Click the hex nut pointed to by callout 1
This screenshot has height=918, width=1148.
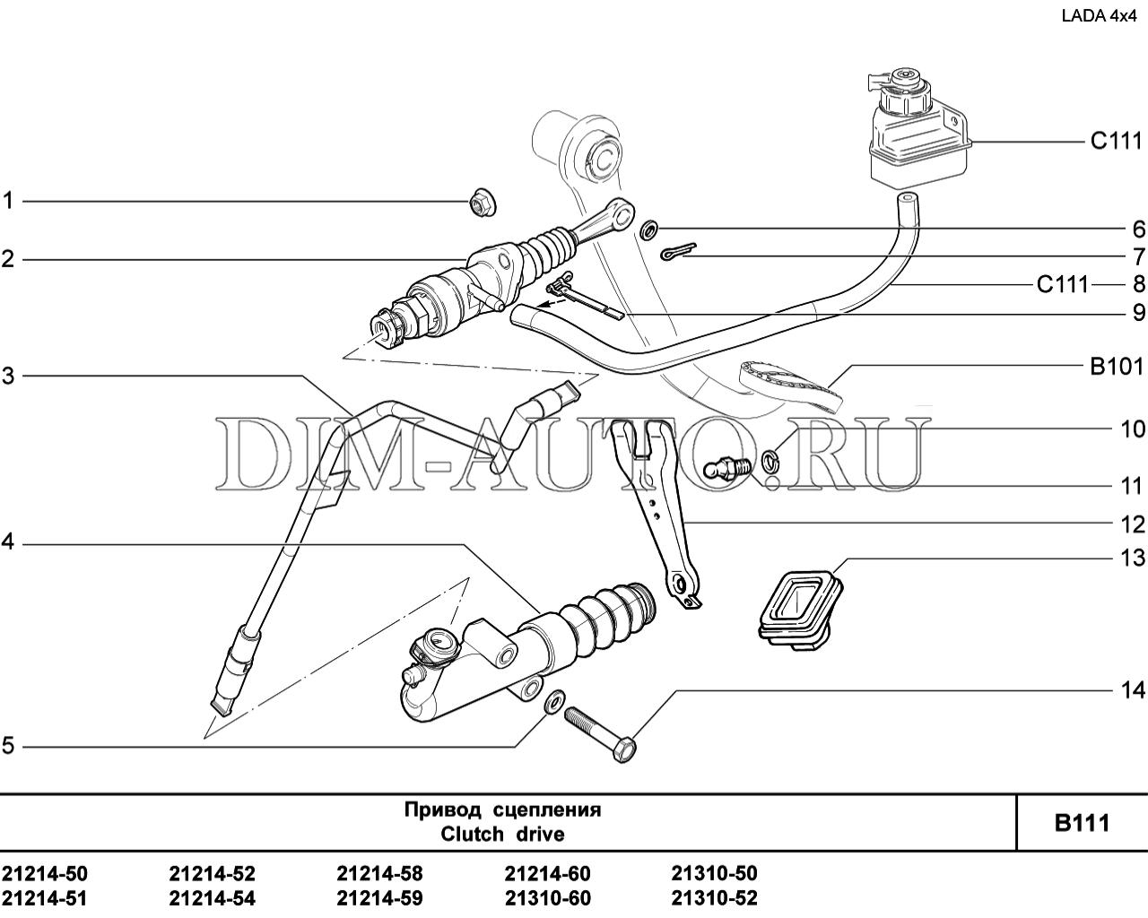coord(483,202)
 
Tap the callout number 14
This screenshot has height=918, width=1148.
coord(1132,690)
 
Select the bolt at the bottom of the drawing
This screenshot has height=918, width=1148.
coord(600,734)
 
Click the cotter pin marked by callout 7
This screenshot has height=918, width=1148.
coord(678,251)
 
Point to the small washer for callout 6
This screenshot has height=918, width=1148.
coord(649,229)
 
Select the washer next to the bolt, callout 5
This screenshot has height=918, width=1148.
coord(555,700)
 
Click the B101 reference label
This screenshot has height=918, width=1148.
coord(1118,367)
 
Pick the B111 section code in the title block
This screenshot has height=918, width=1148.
coord(1083,823)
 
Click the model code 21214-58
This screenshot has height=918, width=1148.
coord(379,874)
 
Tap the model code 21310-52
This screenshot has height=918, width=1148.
coord(714,899)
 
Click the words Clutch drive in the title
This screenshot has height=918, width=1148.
coord(502,834)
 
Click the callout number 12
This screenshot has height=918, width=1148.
coord(1132,524)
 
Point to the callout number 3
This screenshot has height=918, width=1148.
coord(8,376)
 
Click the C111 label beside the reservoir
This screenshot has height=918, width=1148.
coord(1117,142)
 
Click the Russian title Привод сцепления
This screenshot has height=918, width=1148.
coord(502,810)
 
